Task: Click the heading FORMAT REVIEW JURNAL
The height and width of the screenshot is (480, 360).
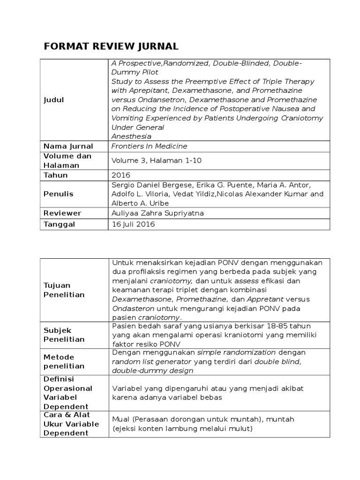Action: pos(111,46)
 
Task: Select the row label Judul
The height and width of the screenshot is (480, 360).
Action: pos(54,100)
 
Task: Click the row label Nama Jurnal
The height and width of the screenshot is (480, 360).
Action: pos(68,146)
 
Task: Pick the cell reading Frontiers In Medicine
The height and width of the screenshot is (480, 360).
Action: pos(149,146)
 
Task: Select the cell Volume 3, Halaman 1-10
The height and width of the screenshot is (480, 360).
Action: pos(156,160)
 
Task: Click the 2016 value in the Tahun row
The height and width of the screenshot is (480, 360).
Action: pos(120,175)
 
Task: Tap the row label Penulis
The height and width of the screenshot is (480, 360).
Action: pos(59,194)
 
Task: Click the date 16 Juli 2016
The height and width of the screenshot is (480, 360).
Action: pos(133,225)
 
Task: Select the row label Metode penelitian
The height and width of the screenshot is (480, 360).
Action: pos(64,361)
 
